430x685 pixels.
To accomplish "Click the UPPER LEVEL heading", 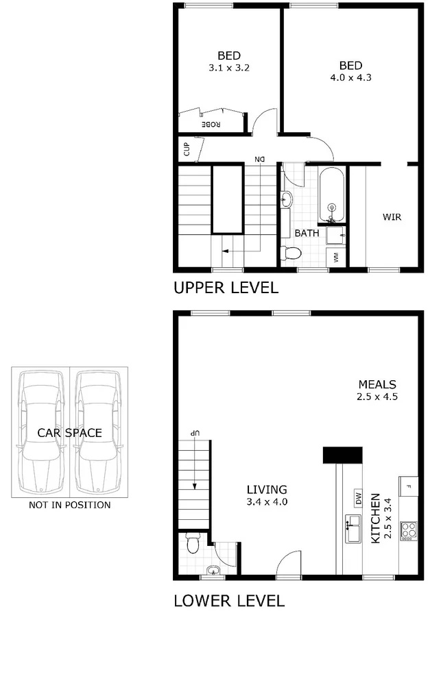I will point(226,288).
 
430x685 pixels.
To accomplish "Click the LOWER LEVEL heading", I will point(228,601).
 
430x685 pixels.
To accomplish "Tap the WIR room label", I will point(392,217).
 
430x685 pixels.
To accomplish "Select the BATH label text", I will point(307,233).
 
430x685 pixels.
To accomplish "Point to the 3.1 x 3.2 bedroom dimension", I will point(228,68).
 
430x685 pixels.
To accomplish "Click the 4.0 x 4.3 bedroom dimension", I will point(350,77).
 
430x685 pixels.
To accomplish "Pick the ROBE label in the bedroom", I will point(211,124).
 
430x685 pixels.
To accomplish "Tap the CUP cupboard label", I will point(186,147).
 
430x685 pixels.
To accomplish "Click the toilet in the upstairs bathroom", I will point(292,253).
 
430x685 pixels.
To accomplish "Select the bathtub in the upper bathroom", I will point(332,196).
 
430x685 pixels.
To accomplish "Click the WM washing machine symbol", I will point(336,257).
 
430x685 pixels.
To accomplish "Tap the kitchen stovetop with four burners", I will point(408,530).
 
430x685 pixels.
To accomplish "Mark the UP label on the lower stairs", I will point(195,434).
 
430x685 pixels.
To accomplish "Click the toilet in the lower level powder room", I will point(193,544).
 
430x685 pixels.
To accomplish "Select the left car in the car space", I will point(41,433).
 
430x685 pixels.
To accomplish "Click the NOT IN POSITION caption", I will point(69,506).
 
